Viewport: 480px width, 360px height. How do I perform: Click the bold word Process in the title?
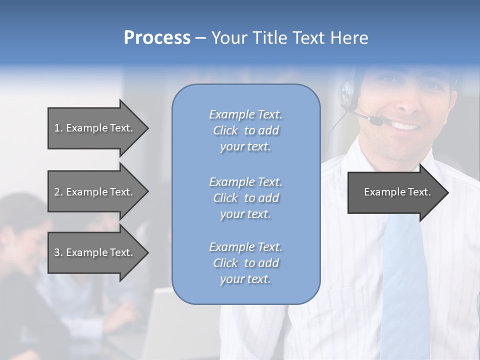[x=157, y=38]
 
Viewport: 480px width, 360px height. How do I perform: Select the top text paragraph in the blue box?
[x=245, y=130]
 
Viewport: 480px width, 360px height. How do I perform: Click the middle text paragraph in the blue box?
[x=245, y=198]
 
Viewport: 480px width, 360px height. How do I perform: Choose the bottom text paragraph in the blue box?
[x=245, y=263]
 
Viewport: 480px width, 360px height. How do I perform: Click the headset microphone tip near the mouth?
[x=376, y=120]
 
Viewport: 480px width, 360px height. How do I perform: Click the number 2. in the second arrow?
[x=58, y=192]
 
